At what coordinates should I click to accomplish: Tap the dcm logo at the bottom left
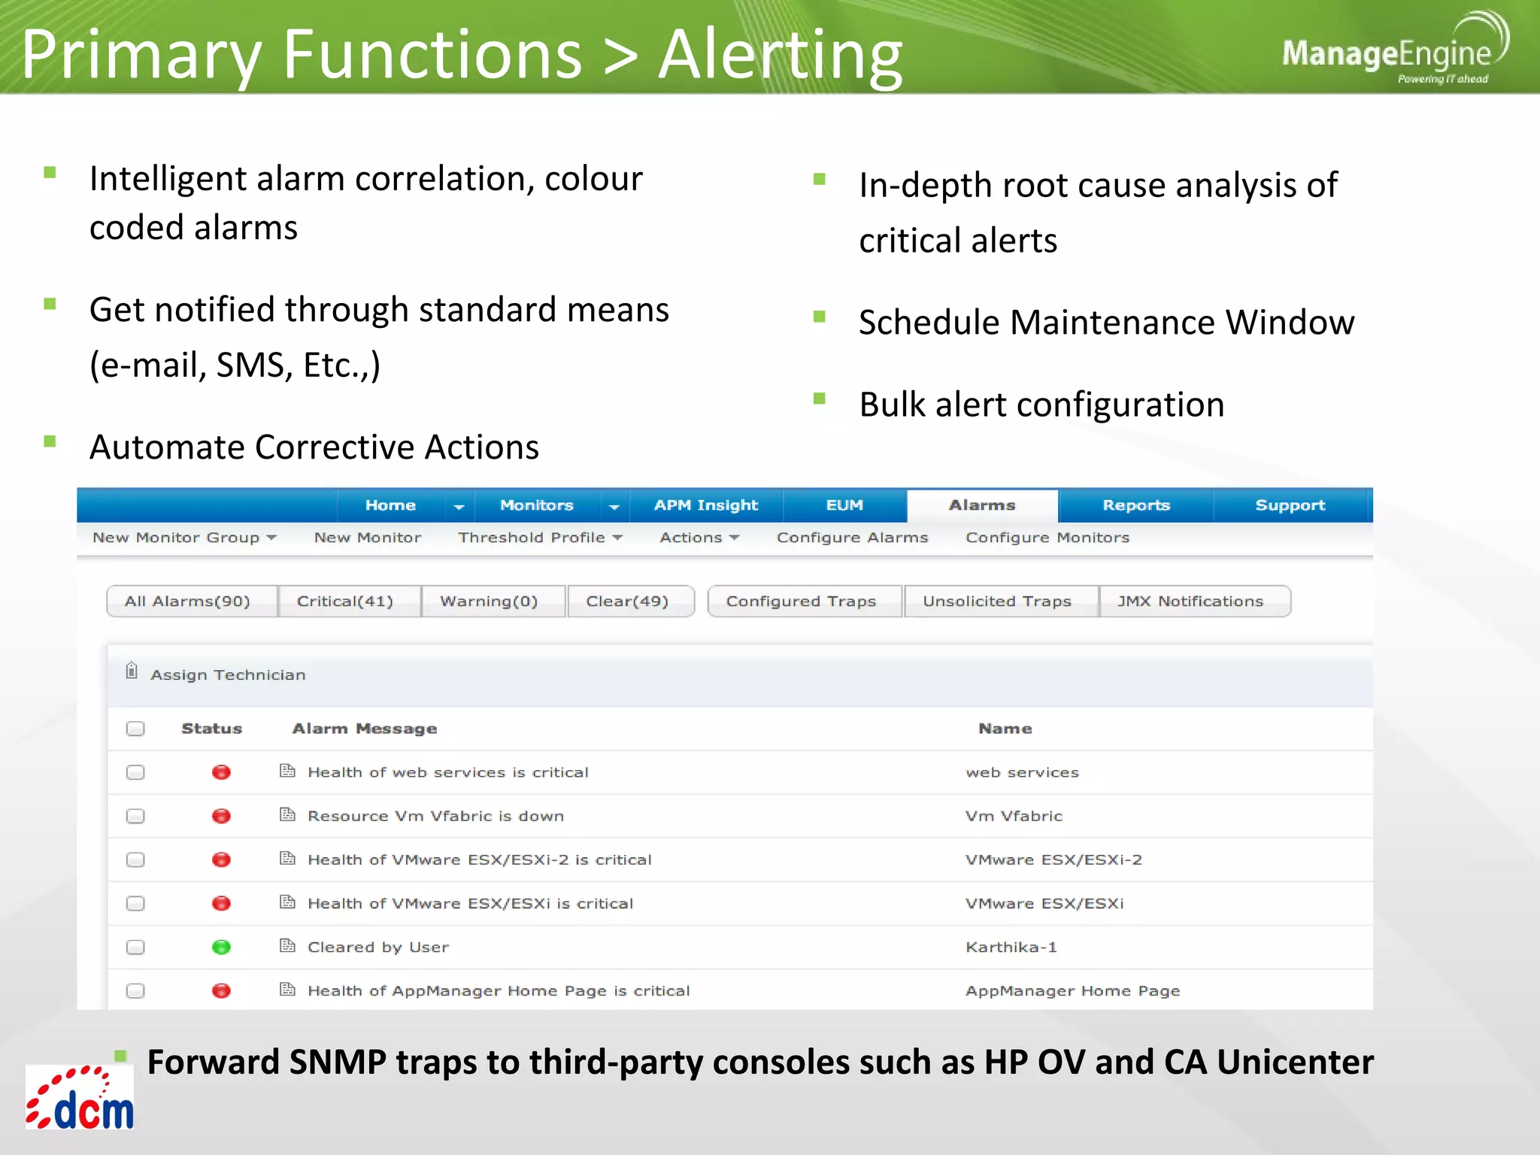tap(80, 1099)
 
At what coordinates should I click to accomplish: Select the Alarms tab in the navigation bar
tap(981, 505)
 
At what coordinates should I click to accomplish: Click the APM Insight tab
tap(705, 505)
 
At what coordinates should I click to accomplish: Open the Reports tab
tap(1135, 505)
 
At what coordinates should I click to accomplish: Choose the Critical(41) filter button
tap(345, 602)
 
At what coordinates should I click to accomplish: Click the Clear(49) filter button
tap(627, 602)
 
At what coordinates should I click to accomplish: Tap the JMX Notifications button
tap(1190, 602)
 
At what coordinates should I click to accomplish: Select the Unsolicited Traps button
tap(997, 602)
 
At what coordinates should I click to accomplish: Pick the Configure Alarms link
tap(852, 538)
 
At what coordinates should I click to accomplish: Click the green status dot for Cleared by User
tap(221, 947)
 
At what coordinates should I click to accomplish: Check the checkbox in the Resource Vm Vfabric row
tap(135, 817)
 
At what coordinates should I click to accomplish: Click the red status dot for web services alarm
tap(221, 773)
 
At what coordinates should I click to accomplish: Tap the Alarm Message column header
tap(364, 729)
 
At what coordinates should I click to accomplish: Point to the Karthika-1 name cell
tap(1011, 947)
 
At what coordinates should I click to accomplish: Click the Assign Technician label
tap(227, 675)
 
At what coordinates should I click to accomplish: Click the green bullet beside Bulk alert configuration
tap(820, 399)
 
